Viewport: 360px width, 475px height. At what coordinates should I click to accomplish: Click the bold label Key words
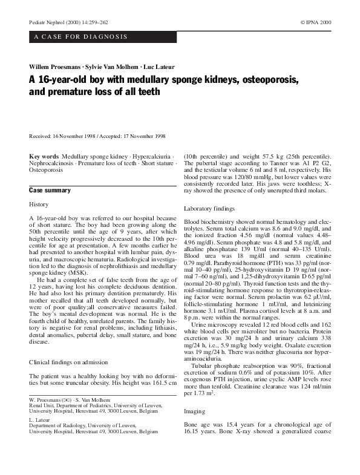(x=44, y=156)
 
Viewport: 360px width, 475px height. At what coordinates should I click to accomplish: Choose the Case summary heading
(x=50, y=190)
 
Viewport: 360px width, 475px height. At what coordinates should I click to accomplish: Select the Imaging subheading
(x=195, y=412)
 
